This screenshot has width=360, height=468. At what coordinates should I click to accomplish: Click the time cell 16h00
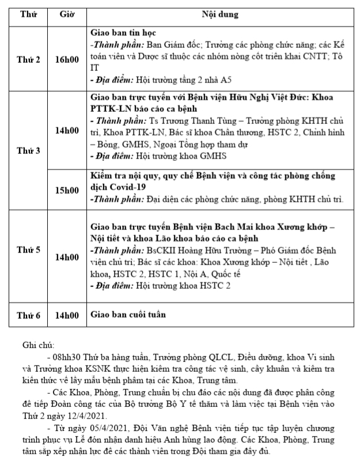67,59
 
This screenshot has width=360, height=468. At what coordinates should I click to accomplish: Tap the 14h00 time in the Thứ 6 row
67,315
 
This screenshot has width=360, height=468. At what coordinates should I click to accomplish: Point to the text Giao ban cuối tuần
127,315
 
